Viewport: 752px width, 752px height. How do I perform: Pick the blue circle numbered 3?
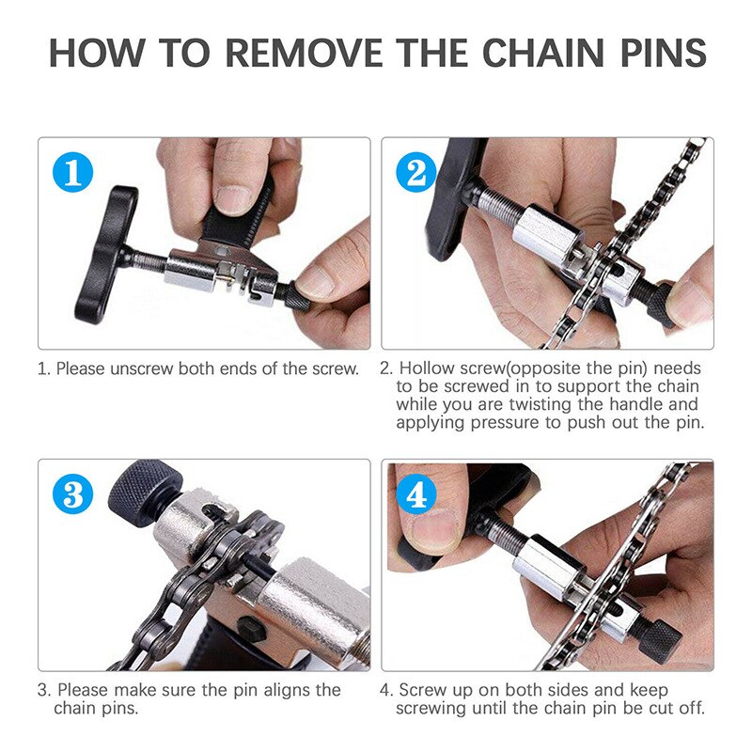(x=72, y=495)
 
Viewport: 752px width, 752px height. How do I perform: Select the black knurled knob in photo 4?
(x=658, y=640)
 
